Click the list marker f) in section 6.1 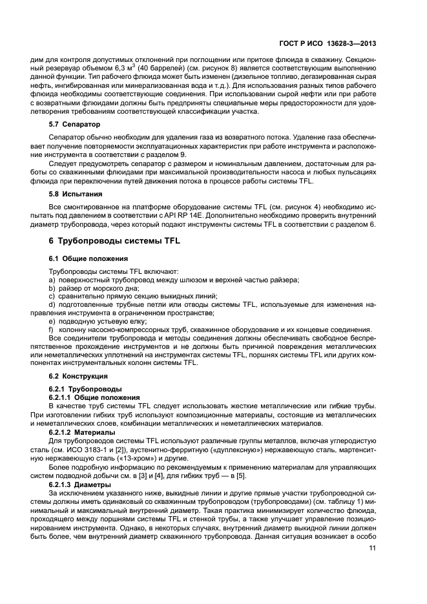point(52,329)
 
